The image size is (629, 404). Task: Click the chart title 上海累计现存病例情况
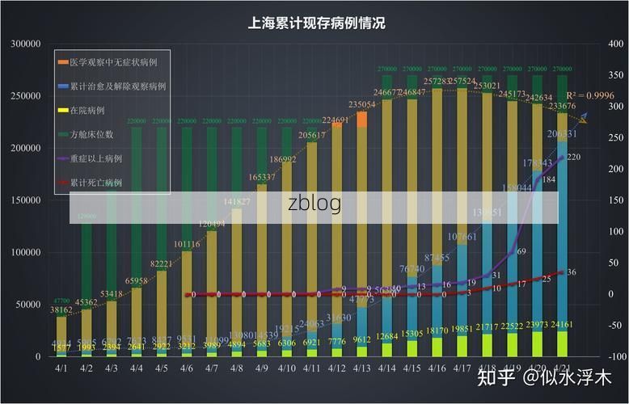[316, 24]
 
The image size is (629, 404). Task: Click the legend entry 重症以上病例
[95, 158]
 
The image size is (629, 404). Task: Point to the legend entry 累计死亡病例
[95, 183]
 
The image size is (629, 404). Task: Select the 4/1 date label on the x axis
[61, 368]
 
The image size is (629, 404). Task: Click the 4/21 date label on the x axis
[561, 368]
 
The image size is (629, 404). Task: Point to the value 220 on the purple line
[574, 157]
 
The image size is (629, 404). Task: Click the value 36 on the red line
[572, 272]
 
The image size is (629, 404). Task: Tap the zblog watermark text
[314, 203]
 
